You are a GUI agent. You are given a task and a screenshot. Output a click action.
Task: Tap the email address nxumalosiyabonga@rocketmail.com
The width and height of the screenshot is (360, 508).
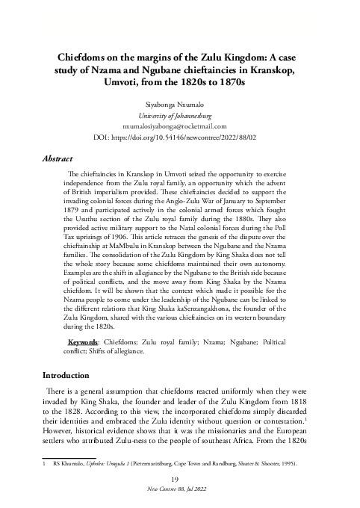(179, 127)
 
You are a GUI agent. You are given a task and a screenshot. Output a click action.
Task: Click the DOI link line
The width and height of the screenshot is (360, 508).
(179, 137)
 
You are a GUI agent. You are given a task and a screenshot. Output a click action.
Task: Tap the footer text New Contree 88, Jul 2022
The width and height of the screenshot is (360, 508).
(179, 489)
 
